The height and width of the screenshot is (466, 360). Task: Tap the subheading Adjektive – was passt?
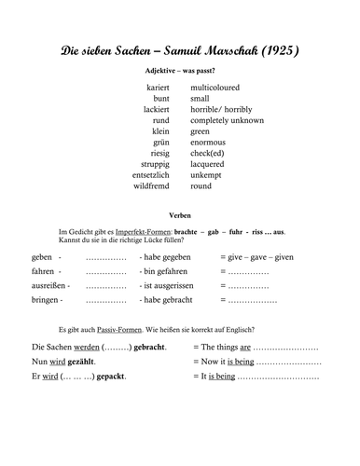tap(179, 71)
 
